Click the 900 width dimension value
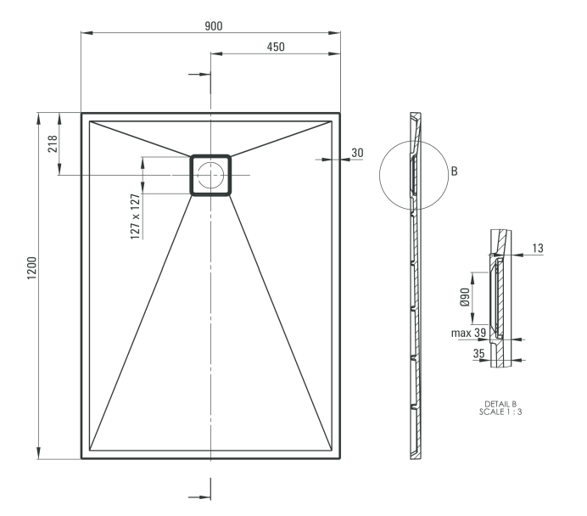click(214, 25)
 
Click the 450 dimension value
click(276, 48)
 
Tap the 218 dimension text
click(52, 143)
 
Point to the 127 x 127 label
click(134, 216)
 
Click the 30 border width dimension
click(356, 153)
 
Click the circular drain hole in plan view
click(210, 175)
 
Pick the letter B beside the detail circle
click(455, 171)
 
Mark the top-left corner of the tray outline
click(81, 112)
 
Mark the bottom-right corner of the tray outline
click(340, 458)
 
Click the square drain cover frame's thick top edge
click(210, 156)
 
